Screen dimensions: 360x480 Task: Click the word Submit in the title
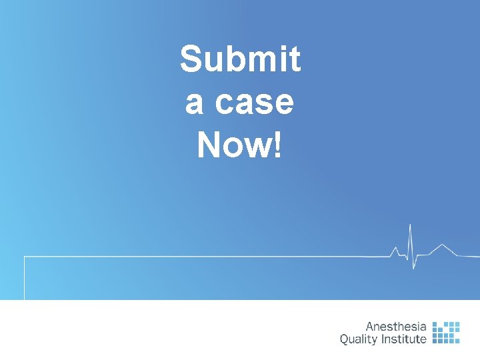(240, 60)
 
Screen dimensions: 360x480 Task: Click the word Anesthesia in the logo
(396, 327)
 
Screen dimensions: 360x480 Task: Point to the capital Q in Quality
(345, 339)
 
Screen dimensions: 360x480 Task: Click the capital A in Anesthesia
(370, 327)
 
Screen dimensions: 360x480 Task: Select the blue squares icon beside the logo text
(446, 332)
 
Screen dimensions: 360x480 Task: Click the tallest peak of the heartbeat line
(411, 225)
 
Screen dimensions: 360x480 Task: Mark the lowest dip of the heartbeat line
(414, 269)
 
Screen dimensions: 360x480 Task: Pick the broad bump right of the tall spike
(440, 246)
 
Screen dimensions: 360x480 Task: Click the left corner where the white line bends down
(25, 257)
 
